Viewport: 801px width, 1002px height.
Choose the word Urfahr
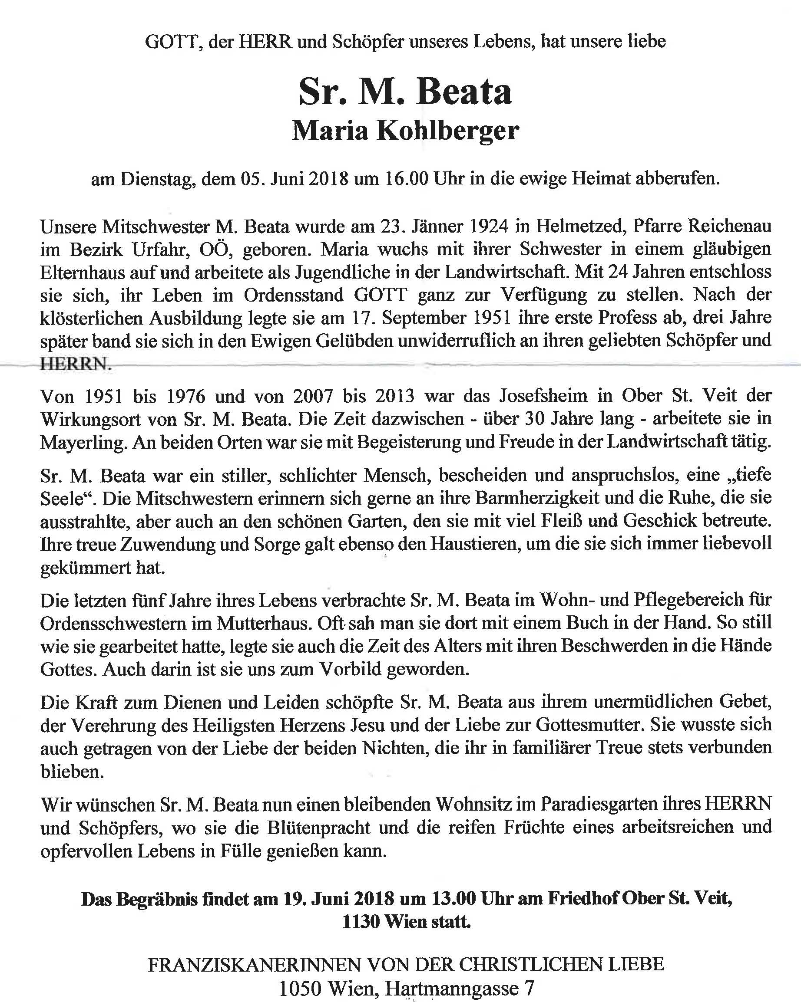[159, 250]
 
